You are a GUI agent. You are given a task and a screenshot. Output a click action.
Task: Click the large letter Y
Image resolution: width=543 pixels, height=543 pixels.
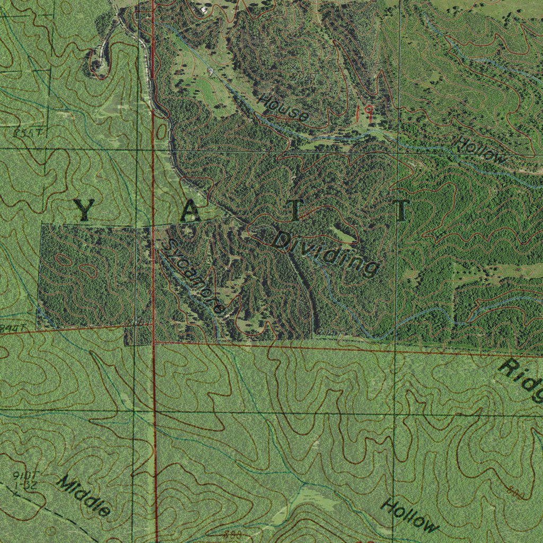[x=84, y=210]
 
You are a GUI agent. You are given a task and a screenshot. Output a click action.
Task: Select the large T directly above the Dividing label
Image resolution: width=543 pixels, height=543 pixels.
[x=295, y=211]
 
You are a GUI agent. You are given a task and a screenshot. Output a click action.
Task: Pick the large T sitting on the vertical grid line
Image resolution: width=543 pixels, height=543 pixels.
[x=402, y=211]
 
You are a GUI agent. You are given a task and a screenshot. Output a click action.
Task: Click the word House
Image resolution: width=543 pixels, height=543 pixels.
[x=284, y=107]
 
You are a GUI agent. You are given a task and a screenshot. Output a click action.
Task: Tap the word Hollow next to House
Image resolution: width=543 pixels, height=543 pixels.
[x=480, y=150]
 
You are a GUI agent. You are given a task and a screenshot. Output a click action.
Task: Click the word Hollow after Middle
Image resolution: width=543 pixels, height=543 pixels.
[x=410, y=515]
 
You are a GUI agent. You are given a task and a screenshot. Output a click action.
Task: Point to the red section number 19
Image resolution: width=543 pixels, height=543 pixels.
[x=364, y=111]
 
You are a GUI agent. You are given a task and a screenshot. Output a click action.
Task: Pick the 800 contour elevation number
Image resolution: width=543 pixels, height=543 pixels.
[x=229, y=533]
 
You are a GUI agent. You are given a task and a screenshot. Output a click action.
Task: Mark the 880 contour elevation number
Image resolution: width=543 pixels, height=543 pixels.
[x=515, y=494]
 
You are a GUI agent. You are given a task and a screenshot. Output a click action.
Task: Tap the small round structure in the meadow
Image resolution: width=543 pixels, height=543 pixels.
[x=211, y=71]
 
